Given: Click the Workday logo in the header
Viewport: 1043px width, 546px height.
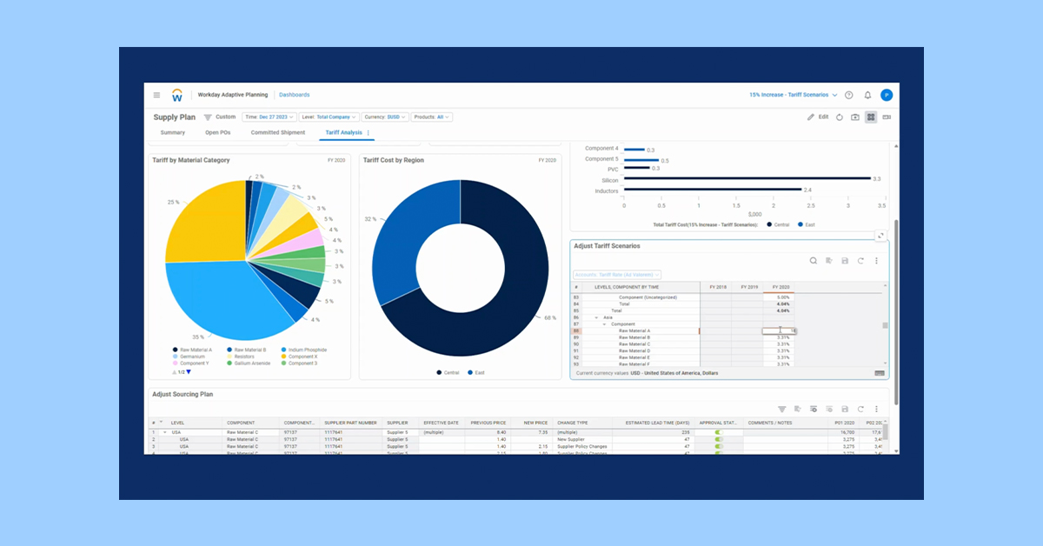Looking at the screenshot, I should point(177,95).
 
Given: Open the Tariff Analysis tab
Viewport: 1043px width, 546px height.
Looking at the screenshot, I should point(343,133).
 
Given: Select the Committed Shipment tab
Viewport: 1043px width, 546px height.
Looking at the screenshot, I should point(278,133).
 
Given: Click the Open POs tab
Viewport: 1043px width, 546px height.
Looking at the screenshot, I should point(217,133).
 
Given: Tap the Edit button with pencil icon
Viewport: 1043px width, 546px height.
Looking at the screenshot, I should point(818,117).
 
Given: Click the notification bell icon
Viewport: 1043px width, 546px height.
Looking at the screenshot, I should point(867,95).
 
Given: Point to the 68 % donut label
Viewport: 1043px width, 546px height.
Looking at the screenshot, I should point(550,317).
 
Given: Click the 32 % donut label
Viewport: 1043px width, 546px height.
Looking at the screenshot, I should point(369,219).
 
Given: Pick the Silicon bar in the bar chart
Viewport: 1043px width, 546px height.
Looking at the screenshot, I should point(747,179).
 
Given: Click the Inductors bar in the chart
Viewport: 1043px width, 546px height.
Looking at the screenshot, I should point(713,190).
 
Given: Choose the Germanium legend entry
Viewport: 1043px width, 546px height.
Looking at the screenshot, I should point(191,356).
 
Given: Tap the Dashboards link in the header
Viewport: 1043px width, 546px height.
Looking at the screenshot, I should point(294,95).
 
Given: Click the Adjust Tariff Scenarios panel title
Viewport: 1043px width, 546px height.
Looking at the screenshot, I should point(607,246).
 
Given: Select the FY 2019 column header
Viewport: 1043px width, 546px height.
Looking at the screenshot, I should point(748,286).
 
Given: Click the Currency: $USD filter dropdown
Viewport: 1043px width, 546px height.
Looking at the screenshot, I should point(385,117).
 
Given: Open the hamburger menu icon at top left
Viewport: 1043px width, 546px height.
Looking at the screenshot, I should point(156,95).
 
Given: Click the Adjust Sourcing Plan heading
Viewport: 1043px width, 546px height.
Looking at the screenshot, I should point(183,394).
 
